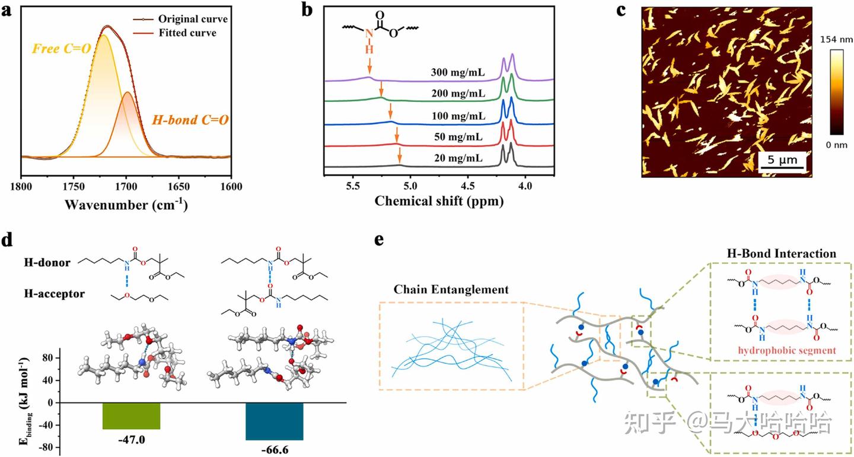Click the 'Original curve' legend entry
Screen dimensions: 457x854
pos(193,19)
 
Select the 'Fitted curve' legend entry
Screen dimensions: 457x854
pos(187,33)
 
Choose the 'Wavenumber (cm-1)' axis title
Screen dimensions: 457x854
pos(126,205)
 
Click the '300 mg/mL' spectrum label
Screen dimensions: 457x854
pos(458,73)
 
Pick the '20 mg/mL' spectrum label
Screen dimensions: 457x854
pos(458,158)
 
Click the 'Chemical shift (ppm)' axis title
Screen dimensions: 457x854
pos(439,202)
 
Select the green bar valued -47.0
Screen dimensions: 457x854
pos(131,416)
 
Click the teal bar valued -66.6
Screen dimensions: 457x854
pos(275,421)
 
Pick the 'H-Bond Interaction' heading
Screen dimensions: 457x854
pos(782,253)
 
